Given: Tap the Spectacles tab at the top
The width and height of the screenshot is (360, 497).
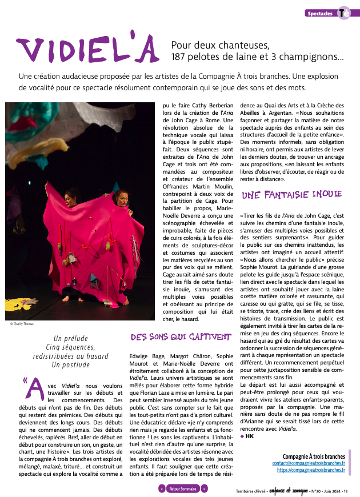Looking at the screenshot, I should coord(320,13).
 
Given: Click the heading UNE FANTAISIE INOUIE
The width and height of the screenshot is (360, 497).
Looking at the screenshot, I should coord(292,195).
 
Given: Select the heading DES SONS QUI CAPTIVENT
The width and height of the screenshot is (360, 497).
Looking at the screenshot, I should coord(179,337).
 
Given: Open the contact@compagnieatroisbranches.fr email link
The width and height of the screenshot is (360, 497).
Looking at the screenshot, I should coord(309,463).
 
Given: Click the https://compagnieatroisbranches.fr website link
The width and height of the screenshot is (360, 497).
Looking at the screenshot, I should coord(311,470).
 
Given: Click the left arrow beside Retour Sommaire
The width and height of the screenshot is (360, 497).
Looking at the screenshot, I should coord(162,489).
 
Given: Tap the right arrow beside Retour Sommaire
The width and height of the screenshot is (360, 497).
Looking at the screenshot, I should coord(204,489).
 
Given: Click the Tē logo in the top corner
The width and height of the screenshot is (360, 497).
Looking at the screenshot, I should coord(344,13).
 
